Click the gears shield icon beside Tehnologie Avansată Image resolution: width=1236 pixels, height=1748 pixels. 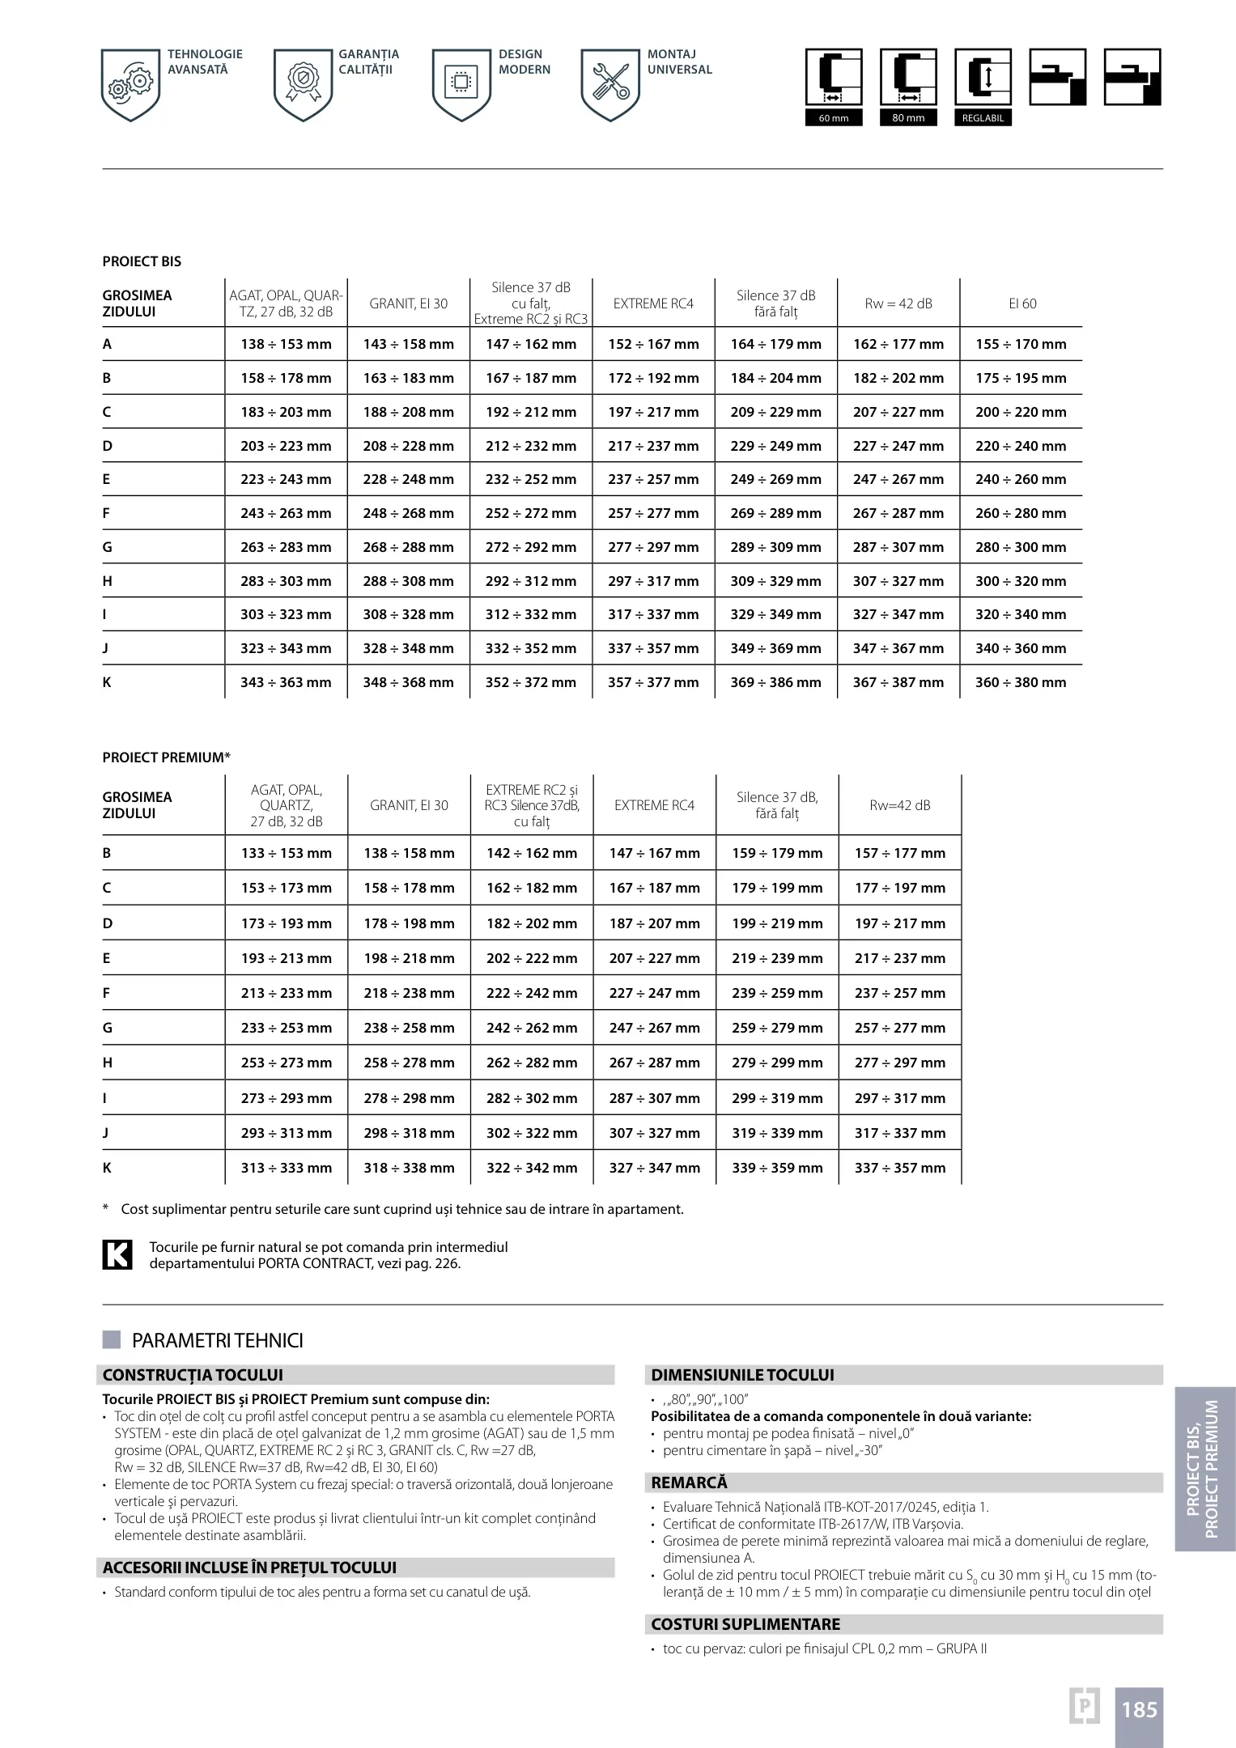[130, 84]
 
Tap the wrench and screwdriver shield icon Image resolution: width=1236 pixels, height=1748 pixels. [610, 84]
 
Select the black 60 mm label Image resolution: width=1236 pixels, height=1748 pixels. [834, 118]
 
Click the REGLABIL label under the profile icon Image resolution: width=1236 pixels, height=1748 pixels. [983, 118]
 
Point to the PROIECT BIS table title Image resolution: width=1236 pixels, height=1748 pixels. [142, 261]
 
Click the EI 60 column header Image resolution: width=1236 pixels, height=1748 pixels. [1022, 303]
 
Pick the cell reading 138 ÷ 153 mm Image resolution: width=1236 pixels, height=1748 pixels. [286, 344]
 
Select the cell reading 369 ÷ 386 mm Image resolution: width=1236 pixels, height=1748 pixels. [775, 682]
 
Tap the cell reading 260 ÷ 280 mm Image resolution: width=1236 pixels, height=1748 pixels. [1021, 513]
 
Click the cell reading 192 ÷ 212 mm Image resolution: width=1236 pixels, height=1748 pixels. [531, 412]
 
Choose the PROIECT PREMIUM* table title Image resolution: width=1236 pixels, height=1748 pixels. [166, 757]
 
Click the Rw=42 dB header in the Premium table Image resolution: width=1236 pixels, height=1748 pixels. [899, 805]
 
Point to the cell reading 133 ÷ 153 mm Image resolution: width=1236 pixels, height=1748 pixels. [286, 853]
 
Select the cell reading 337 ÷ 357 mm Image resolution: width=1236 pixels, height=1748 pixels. [899, 1168]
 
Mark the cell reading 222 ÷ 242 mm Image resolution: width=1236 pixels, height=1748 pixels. [532, 993]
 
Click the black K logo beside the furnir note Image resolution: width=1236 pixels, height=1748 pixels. [117, 1254]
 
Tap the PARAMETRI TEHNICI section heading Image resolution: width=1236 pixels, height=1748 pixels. [217, 1341]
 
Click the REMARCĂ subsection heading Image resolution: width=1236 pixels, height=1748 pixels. [690, 1483]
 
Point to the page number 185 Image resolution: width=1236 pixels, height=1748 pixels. [1139, 1710]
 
